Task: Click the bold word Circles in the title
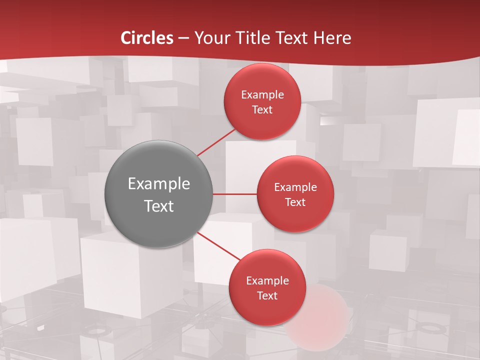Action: point(147,38)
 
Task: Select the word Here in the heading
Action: point(332,38)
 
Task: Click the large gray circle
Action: point(159,194)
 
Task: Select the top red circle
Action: point(262,101)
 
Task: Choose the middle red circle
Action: point(295,194)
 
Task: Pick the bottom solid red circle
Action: point(267,287)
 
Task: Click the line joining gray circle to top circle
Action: point(216,142)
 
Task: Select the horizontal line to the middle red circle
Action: point(235,194)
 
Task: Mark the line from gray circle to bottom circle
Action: point(218,246)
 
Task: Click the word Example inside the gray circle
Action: point(159,183)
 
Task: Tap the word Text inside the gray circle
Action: point(159,205)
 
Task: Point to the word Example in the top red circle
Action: point(262,94)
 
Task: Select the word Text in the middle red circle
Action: point(295,202)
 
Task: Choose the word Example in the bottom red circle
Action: point(267,280)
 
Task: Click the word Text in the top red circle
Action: point(262,109)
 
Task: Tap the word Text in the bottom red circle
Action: point(267,295)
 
